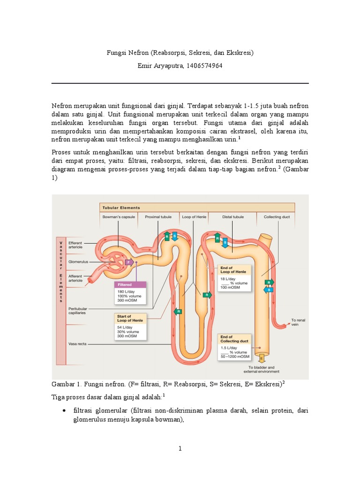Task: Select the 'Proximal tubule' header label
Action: [158, 217]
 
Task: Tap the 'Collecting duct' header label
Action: [277, 217]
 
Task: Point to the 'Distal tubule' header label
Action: [232, 217]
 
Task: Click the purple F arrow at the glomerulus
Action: [129, 262]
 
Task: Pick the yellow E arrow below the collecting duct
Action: [261, 359]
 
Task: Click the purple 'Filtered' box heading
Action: [125, 285]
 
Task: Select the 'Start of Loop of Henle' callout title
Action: [131, 318]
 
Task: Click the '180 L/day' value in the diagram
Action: [126, 291]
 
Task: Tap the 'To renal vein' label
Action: [298, 322]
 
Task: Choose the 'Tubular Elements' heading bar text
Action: [121, 208]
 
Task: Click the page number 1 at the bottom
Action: [180, 449]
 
